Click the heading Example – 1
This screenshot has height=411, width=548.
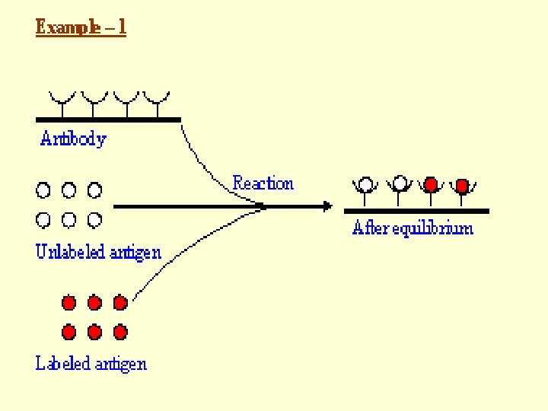pos(81,27)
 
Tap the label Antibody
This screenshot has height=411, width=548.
pos(73,139)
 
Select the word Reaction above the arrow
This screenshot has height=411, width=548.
pos(263,183)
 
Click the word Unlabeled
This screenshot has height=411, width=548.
pos(70,252)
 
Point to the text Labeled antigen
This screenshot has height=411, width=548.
pos(91,364)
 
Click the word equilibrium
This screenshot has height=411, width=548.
pos(432,228)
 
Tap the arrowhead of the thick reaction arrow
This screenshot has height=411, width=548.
pos(328,206)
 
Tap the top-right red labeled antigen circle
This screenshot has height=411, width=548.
pos(120,303)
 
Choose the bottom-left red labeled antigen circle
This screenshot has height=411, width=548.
pos(68,332)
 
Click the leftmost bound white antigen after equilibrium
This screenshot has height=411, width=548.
pos(365,184)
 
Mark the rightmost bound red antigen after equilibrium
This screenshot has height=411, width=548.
pos(462,186)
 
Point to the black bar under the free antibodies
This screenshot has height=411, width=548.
pos(108,120)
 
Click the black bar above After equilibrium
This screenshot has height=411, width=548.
pos(416,211)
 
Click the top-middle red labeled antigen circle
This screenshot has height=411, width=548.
pos(94,303)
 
